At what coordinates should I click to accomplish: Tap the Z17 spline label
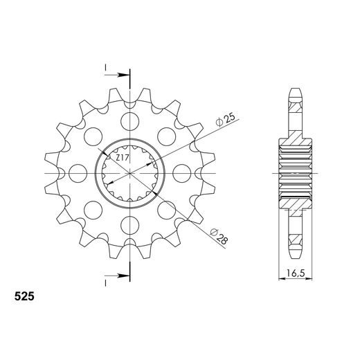[x=123, y=159]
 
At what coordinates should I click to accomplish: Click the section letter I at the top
[x=105, y=68]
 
